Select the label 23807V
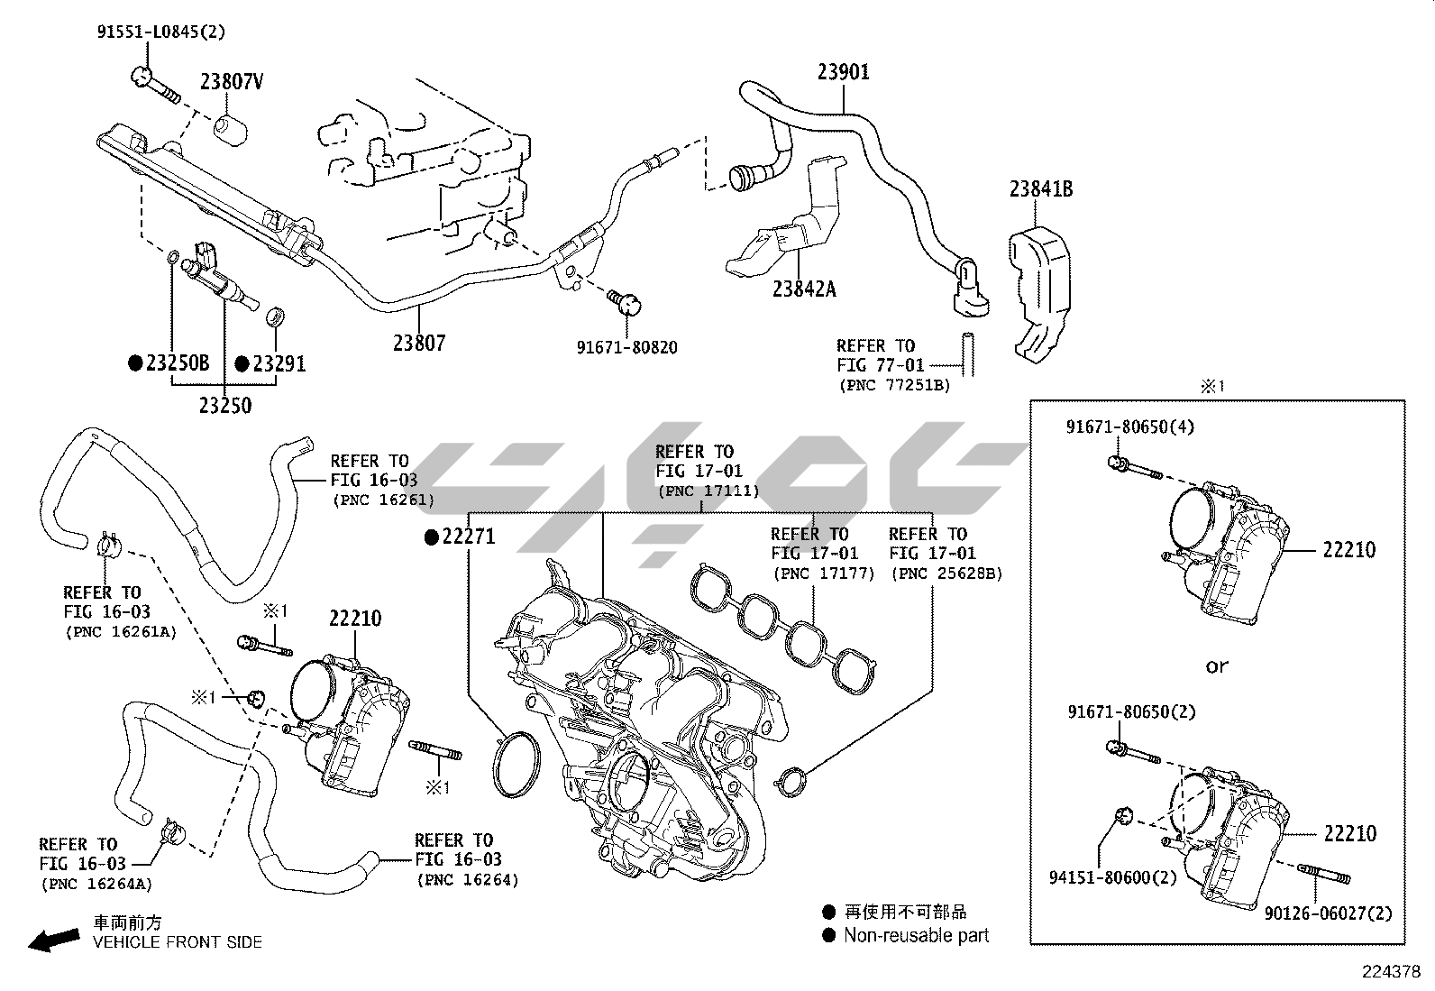[x=232, y=82]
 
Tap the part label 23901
[x=844, y=71]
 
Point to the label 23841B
[x=1040, y=189]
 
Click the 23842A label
[x=804, y=289]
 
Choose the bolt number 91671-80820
[x=627, y=347]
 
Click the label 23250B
[x=178, y=363]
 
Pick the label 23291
[x=279, y=363]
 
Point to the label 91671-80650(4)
[x=1131, y=427]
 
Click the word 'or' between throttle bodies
[x=1217, y=666]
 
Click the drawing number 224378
[x=1391, y=972]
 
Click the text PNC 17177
[x=823, y=573]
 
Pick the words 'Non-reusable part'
[x=916, y=936]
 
